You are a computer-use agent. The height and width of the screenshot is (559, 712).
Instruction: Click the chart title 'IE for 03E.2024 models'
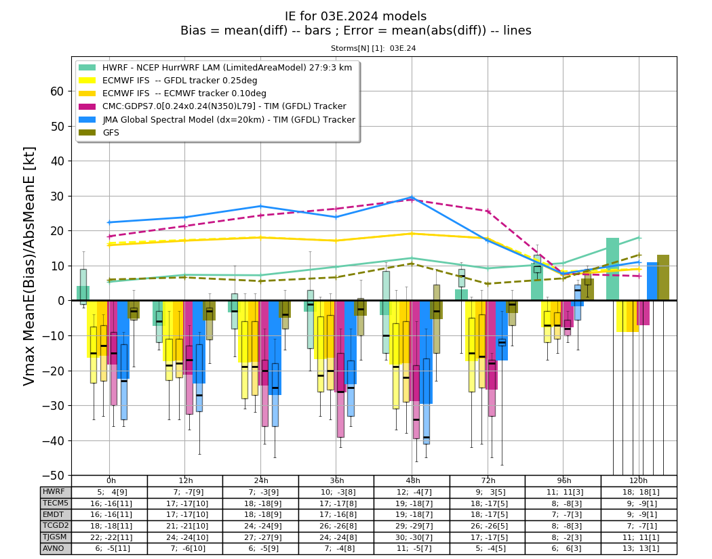(x=355, y=16)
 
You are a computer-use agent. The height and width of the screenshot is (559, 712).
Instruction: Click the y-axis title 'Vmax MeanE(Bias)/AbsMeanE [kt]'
(x=29, y=266)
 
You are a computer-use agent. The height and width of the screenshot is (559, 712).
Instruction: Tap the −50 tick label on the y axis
(x=53, y=476)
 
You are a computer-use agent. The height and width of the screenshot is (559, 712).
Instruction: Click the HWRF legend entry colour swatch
(x=87, y=68)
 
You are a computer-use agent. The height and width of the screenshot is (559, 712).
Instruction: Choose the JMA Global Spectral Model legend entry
(x=216, y=119)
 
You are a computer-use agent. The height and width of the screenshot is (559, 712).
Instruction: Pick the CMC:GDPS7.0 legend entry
(x=212, y=106)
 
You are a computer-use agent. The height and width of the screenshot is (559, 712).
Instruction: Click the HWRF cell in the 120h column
(x=639, y=492)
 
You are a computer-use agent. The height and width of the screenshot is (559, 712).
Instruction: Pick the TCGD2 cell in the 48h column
(x=412, y=526)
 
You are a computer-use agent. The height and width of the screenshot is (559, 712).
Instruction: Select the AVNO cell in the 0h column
(x=109, y=548)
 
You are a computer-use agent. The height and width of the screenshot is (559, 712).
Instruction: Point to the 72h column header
(x=488, y=480)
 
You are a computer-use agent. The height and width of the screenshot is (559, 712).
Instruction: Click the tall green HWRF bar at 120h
(x=612, y=269)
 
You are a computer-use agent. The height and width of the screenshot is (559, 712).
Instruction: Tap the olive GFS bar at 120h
(x=663, y=278)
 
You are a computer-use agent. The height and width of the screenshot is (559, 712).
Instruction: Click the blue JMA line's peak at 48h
(x=412, y=197)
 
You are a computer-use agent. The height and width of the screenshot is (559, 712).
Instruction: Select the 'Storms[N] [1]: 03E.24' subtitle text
(x=373, y=48)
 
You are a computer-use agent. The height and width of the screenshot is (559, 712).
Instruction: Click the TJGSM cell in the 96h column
(x=563, y=537)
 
